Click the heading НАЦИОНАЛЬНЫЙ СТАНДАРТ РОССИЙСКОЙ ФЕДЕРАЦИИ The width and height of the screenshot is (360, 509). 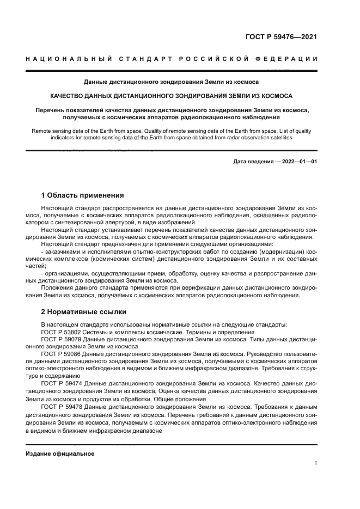[x=172, y=58]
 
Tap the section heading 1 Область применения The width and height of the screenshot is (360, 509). [x=82, y=195]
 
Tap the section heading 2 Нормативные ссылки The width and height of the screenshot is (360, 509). [x=84, y=312]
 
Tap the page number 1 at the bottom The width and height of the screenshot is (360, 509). [x=315, y=463]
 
